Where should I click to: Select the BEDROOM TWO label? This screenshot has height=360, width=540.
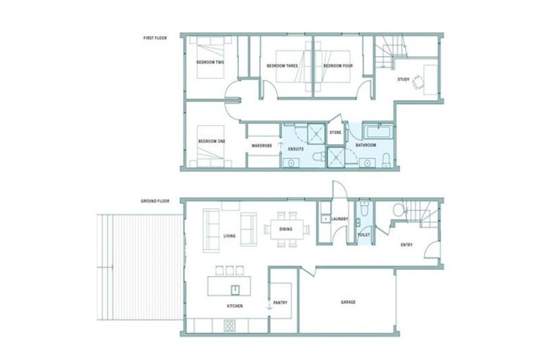tap(210, 63)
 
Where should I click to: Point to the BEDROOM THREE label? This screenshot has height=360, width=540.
tap(282, 66)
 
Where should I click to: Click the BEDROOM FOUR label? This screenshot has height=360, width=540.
tap(337, 66)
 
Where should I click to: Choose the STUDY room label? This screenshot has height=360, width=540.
tap(403, 79)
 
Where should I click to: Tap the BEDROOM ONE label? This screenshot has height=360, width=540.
tap(212, 141)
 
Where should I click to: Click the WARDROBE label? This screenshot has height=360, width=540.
tap(262, 146)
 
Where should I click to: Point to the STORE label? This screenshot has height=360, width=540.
tap(335, 131)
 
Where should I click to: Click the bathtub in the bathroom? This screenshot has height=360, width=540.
tap(379, 131)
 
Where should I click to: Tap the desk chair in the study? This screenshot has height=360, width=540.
tap(419, 82)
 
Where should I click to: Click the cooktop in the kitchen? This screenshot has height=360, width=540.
tap(230, 325)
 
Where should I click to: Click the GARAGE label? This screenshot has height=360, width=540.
tap(348, 302)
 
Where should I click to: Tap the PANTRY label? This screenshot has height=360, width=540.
tap(281, 302)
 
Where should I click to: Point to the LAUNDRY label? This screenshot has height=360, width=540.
tap(340, 219)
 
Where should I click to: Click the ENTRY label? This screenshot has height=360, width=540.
tap(406, 245)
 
